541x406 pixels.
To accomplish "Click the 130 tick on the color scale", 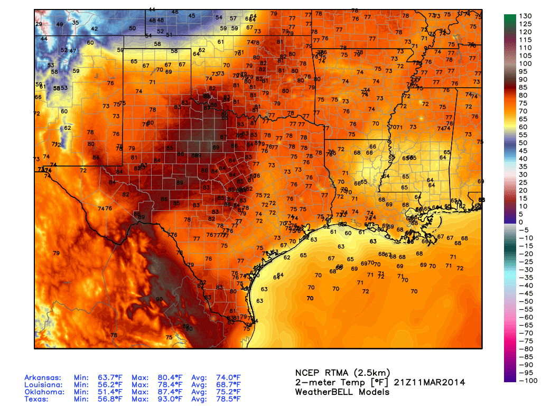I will click(526, 16).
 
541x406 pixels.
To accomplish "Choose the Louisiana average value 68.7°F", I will click(228, 385).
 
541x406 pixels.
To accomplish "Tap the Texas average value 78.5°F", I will click(228, 400).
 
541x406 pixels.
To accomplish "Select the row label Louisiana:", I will click(44, 385).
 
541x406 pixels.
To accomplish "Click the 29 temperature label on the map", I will click(39, 24).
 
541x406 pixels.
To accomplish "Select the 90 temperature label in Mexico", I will click(159, 299).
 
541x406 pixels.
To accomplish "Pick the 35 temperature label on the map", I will click(75, 22).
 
